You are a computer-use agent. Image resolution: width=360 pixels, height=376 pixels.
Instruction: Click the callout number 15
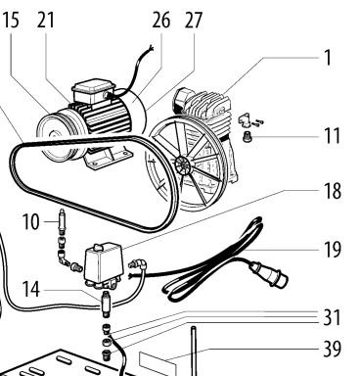[x=11, y=21]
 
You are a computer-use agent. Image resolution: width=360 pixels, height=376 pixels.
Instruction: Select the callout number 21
[x=45, y=21]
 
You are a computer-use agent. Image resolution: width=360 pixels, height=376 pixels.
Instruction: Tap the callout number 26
[x=161, y=21]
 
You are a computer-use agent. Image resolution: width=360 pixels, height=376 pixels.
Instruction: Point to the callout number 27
[x=194, y=21]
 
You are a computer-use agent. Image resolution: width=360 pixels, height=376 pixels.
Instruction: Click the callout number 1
[x=328, y=58]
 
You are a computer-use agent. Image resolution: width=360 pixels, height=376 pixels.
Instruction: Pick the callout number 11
[x=333, y=136]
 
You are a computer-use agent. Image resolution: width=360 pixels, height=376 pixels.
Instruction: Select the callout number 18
[x=333, y=191]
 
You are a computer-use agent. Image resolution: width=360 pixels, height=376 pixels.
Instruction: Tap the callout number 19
[x=333, y=250]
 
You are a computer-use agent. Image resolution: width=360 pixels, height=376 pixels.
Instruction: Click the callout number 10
[x=31, y=222]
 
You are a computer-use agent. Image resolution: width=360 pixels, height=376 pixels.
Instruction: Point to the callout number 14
[x=31, y=290]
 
